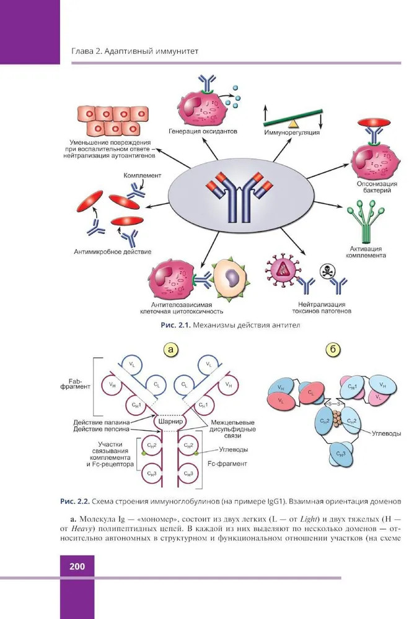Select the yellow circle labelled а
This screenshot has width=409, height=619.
tap(172, 350)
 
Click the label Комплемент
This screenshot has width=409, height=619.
tap(142, 176)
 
